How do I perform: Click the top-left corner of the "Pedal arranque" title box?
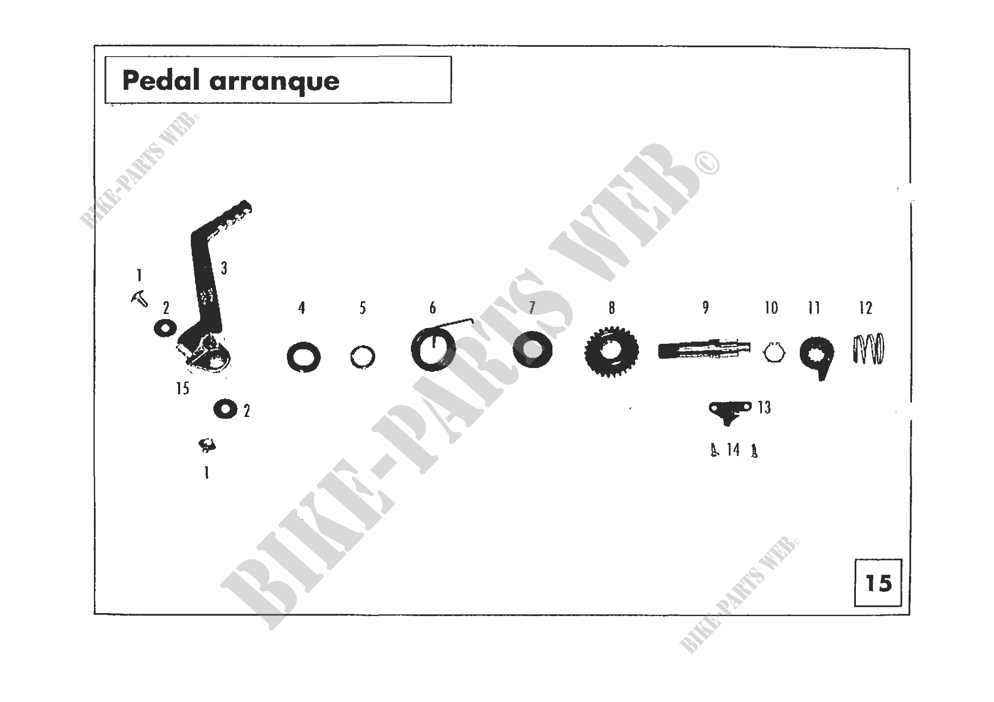click(x=105, y=56)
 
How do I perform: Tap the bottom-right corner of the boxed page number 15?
click(x=902, y=606)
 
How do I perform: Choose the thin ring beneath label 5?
click(x=362, y=357)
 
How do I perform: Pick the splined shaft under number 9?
click(x=704, y=350)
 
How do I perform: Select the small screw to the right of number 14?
click(x=754, y=451)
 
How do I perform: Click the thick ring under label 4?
click(x=303, y=357)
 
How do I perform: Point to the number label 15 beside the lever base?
click(x=183, y=389)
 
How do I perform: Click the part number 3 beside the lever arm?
click(x=224, y=268)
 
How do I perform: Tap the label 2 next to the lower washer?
click(x=247, y=411)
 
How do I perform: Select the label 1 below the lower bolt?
click(x=207, y=473)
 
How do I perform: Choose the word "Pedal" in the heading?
click(x=161, y=80)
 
